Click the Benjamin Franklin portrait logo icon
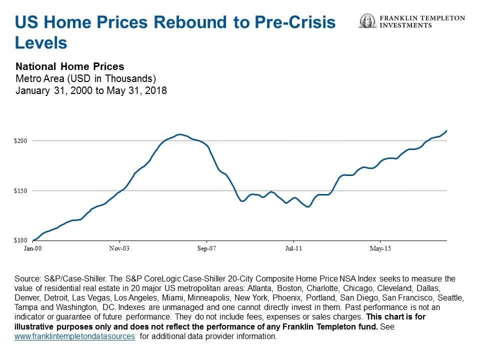point(367,21)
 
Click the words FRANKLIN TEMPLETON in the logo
point(422,18)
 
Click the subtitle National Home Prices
point(69,66)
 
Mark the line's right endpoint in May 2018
point(446,130)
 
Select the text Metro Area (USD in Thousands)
point(86,78)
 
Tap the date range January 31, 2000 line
point(91,91)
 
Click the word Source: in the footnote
point(30,278)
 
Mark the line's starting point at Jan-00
point(33,240)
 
